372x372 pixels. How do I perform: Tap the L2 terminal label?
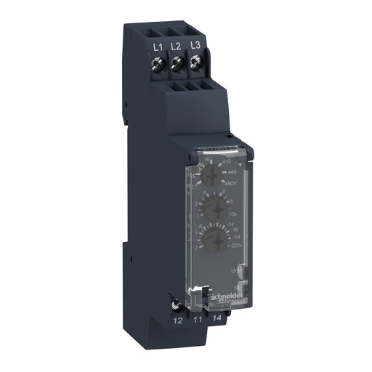coord(177,46)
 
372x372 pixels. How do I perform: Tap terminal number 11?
coord(196,318)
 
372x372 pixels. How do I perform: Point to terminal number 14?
coord(215,318)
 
